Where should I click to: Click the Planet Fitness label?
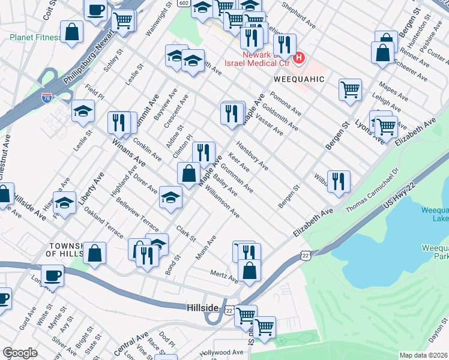[35, 37]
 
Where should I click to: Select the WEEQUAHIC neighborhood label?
[299, 79]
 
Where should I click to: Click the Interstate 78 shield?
[47, 96]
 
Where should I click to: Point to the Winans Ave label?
[128, 154]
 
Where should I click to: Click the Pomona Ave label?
[285, 104]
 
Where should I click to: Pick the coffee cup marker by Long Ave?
[53, 276]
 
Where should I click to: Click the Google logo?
[20, 353]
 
